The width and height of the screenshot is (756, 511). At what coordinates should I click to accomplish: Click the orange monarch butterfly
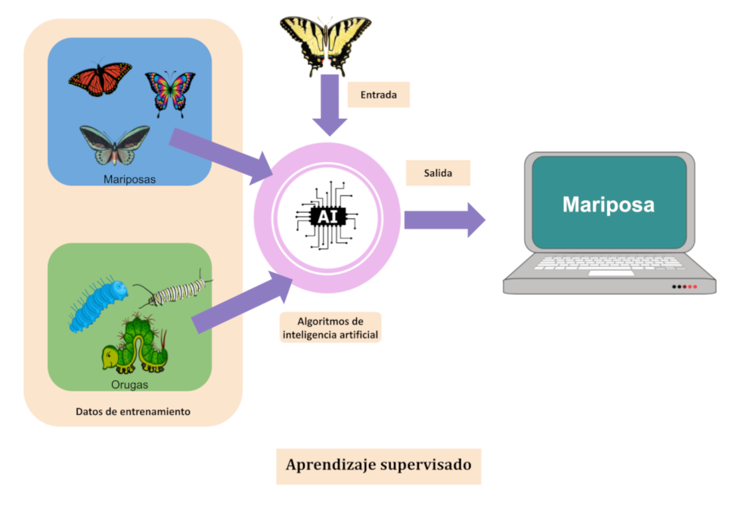[x=101, y=79]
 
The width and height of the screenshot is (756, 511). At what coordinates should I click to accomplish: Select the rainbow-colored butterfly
[x=169, y=92]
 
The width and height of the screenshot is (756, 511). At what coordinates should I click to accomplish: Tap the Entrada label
[x=378, y=95]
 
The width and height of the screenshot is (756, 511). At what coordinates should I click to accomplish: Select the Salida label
[x=438, y=173]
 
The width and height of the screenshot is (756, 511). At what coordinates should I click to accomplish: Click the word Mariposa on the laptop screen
[x=608, y=204]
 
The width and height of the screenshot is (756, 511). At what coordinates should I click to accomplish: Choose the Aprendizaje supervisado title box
[x=378, y=465]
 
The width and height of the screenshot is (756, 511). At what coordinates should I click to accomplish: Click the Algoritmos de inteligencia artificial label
[x=330, y=328]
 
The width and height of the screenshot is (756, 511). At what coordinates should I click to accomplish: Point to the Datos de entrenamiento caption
[x=133, y=412]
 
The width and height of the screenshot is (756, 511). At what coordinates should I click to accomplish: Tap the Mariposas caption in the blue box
[x=129, y=179]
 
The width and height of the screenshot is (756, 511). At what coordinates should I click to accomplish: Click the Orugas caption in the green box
[x=128, y=385]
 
